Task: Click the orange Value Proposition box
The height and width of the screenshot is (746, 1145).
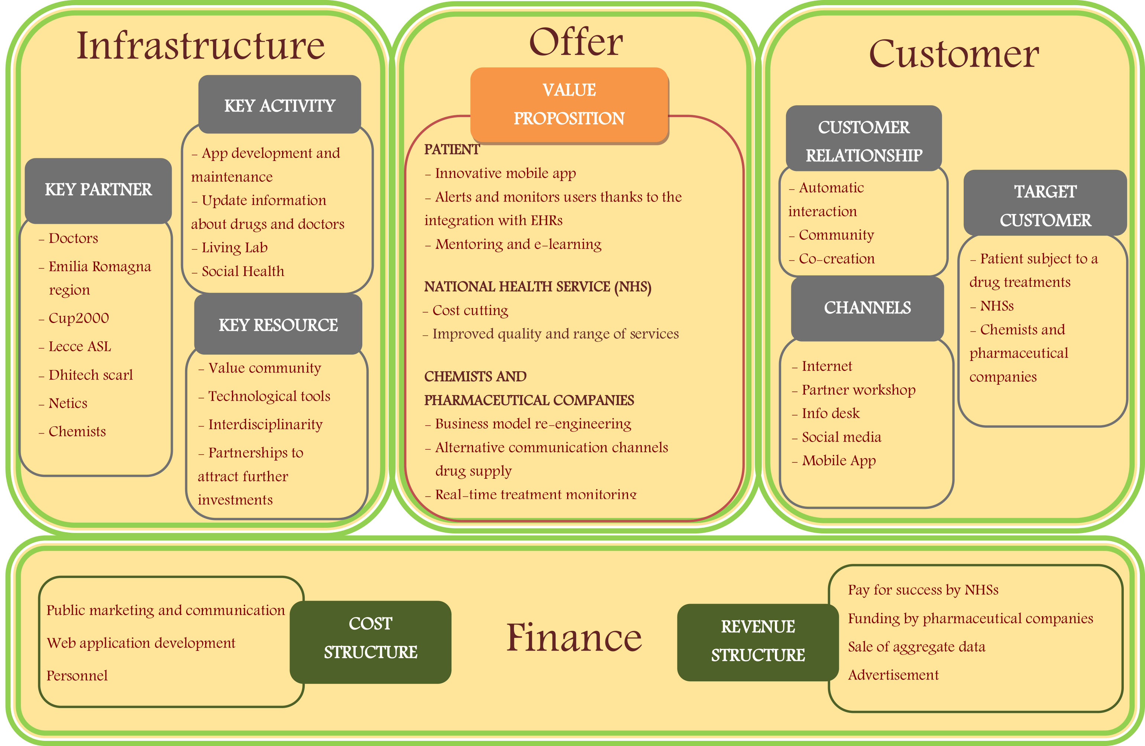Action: (x=569, y=104)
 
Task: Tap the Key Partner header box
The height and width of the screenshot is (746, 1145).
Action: (x=98, y=190)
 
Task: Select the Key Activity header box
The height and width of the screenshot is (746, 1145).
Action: (x=279, y=104)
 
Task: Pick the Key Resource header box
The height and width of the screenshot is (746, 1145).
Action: (x=278, y=324)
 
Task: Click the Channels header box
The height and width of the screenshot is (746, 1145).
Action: (x=867, y=308)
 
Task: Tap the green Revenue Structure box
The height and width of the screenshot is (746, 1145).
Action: (x=758, y=641)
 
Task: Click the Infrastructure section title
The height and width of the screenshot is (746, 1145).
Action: (x=201, y=46)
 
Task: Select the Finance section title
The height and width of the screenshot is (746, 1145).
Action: (x=574, y=638)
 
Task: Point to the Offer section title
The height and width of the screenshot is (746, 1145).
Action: (x=576, y=42)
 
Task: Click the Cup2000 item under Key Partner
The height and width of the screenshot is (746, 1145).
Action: (x=78, y=318)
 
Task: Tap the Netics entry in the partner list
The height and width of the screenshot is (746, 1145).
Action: (x=68, y=403)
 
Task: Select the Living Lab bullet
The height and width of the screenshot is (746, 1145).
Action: (x=234, y=248)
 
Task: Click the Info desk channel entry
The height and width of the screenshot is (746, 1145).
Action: (x=830, y=413)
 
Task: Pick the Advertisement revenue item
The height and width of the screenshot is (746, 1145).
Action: (x=893, y=675)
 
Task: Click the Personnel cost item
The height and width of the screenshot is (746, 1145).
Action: (x=77, y=676)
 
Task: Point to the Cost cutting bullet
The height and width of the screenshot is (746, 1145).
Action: (x=470, y=310)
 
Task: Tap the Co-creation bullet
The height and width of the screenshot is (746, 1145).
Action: (x=836, y=259)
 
